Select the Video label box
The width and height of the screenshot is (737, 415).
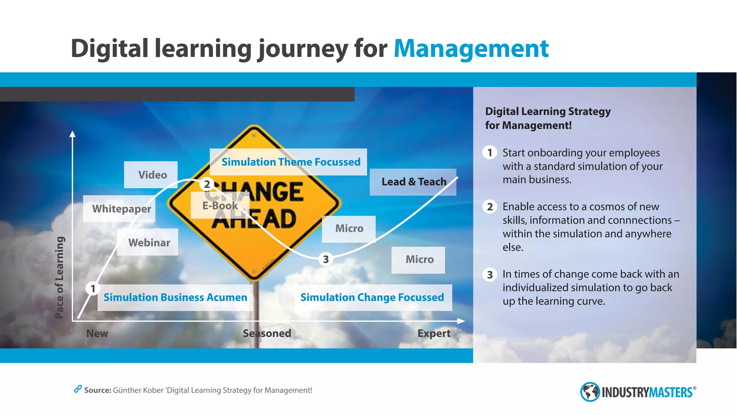151,175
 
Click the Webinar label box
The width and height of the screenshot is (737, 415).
148,242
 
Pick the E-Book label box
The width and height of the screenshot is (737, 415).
220,206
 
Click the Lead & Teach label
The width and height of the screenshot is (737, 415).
413,182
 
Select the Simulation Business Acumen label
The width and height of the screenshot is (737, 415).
175,298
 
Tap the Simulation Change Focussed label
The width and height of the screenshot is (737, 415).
373,298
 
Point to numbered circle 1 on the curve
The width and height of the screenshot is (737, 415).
93,289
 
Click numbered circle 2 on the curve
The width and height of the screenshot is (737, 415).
207,184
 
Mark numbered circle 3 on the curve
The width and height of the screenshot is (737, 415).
326,259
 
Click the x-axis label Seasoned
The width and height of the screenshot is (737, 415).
267,334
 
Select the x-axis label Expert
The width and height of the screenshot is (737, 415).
434,334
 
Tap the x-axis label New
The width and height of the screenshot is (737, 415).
97,334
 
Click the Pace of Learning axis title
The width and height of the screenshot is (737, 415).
60,277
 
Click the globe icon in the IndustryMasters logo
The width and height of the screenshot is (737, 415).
589,392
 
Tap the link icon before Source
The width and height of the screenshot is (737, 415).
78,389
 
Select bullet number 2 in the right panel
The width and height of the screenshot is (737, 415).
490,207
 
